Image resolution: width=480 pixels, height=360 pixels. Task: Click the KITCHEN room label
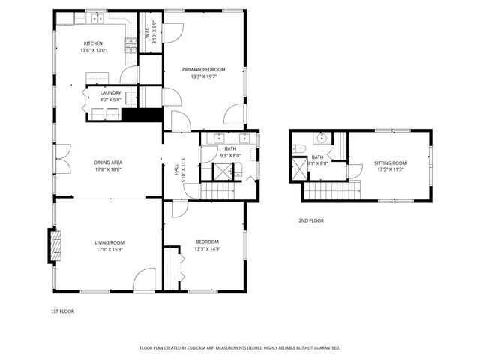tap(94, 43)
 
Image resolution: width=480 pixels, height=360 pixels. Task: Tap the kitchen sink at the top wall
tap(97, 16)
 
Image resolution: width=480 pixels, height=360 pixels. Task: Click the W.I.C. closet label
tap(147, 32)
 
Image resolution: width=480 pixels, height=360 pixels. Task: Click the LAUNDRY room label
tap(110, 92)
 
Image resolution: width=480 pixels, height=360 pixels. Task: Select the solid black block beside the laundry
tap(142, 115)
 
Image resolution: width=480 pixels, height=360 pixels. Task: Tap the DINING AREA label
tap(108, 163)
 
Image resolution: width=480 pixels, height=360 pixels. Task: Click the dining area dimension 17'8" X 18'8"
tap(108, 170)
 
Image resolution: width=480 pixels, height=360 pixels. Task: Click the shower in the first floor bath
tap(223, 172)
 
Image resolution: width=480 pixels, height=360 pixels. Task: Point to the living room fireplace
tap(54, 246)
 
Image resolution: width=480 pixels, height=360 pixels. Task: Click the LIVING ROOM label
tap(109, 242)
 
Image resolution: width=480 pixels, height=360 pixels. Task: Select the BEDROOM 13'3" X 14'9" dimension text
tap(207, 249)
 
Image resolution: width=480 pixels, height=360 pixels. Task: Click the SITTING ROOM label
tap(390, 163)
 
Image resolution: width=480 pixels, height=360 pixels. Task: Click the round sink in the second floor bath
tap(322, 138)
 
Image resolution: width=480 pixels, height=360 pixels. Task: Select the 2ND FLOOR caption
tap(311, 220)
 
